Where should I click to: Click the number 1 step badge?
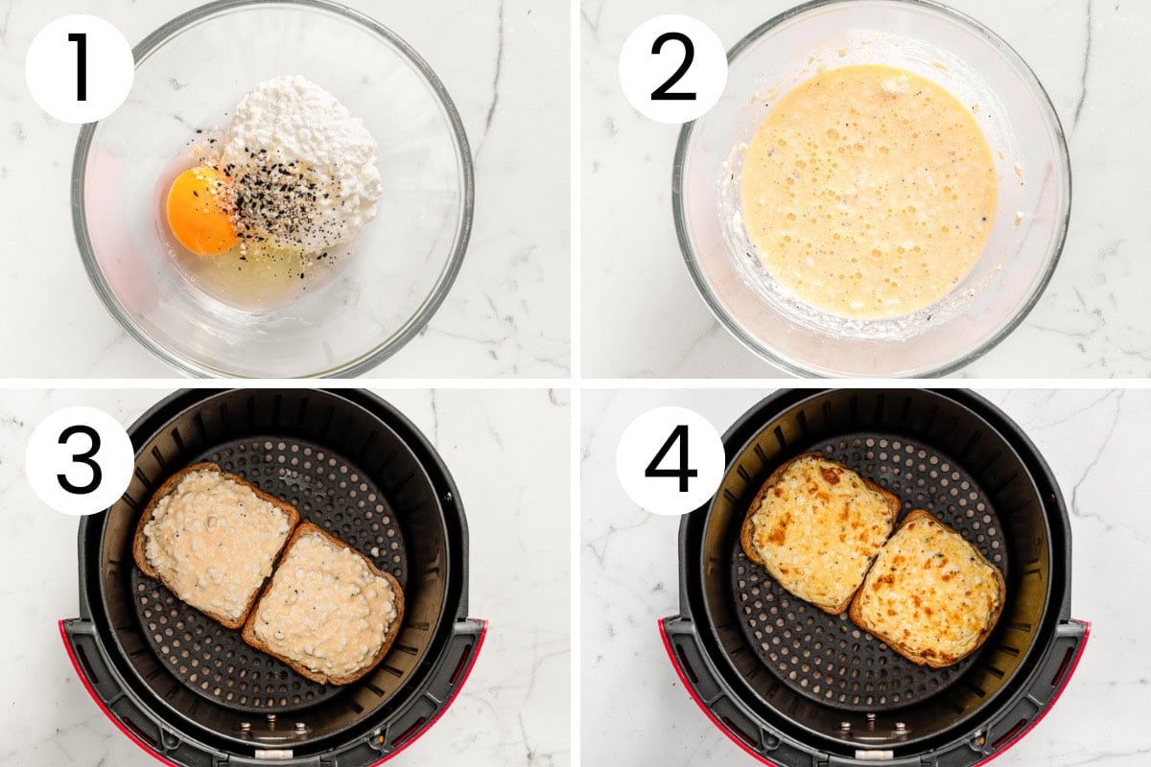point(79,69)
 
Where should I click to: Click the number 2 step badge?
point(672,69)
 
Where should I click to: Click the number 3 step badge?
point(79,461)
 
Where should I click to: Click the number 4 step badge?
point(669,461)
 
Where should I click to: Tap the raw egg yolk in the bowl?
point(199,211)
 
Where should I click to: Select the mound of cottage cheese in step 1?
point(307,144)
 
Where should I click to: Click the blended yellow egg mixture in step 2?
point(868,192)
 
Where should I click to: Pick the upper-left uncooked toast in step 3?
point(216,542)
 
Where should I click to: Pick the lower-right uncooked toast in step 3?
point(324,601)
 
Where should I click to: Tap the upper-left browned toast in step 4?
point(820,529)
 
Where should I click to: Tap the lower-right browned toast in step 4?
point(928,590)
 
